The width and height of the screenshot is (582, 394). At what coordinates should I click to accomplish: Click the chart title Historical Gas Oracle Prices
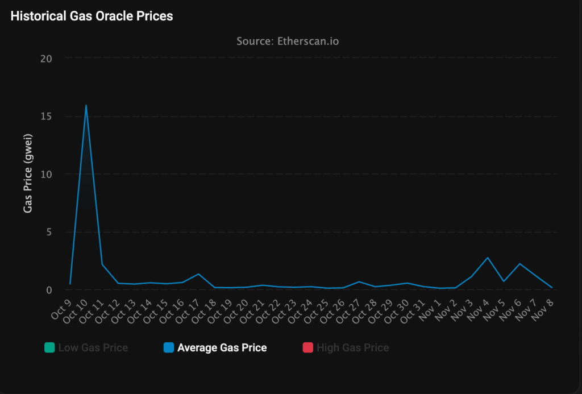tap(92, 16)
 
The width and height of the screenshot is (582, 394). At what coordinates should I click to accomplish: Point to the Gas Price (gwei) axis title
tap(28, 173)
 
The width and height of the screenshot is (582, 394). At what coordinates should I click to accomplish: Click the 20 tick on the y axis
tap(46, 58)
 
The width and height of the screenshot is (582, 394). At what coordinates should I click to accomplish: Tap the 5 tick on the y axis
tap(49, 232)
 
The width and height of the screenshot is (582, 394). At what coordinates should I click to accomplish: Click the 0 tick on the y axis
tap(49, 289)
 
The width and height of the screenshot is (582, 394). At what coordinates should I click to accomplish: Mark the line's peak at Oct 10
tap(86, 105)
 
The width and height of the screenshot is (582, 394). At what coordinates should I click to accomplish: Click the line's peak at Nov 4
tap(487, 258)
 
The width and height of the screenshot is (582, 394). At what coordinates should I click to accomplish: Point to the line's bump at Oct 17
tap(198, 274)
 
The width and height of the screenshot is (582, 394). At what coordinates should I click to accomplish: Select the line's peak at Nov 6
tap(519, 264)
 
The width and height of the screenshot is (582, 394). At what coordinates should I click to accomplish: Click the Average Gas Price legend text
tap(222, 347)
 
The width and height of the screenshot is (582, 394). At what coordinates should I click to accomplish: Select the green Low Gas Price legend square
tap(49, 347)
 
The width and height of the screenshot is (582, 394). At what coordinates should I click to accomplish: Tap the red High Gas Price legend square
tap(307, 347)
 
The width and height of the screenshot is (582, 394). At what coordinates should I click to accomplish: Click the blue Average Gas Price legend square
tap(168, 347)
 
